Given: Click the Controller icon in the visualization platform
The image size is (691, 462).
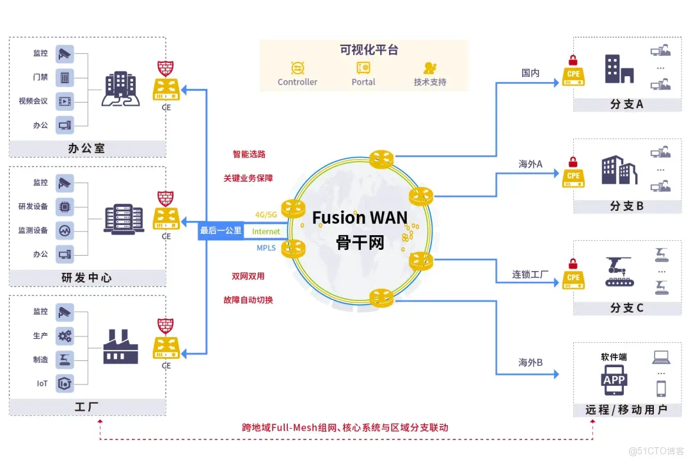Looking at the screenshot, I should click(298, 68).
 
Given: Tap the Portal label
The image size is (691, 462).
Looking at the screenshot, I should click(363, 82).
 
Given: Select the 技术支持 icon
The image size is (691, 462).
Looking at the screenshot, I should click(430, 68).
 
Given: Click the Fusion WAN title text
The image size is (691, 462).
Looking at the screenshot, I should click(360, 218).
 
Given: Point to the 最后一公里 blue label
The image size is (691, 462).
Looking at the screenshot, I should click(221, 231).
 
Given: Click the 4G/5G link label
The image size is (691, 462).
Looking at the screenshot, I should click(267, 215).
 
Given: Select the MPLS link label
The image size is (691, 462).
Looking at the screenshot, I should click(266, 247).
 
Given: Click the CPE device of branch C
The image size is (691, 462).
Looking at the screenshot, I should click(573, 277).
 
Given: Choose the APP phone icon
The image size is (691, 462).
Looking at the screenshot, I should click(614, 380).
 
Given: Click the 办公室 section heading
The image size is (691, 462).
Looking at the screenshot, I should click(86, 149).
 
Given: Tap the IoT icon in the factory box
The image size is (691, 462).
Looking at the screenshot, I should click(65, 383).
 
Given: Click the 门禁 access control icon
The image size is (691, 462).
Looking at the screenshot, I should click(65, 78).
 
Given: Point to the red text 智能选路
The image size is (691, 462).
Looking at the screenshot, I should click(248, 154).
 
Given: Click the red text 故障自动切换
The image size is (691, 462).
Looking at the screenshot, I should click(248, 299).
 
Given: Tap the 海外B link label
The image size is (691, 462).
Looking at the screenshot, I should click(530, 363).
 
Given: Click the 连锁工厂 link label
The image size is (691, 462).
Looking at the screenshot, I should click(530, 274).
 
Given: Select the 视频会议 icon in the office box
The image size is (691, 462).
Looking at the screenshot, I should click(65, 101).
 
